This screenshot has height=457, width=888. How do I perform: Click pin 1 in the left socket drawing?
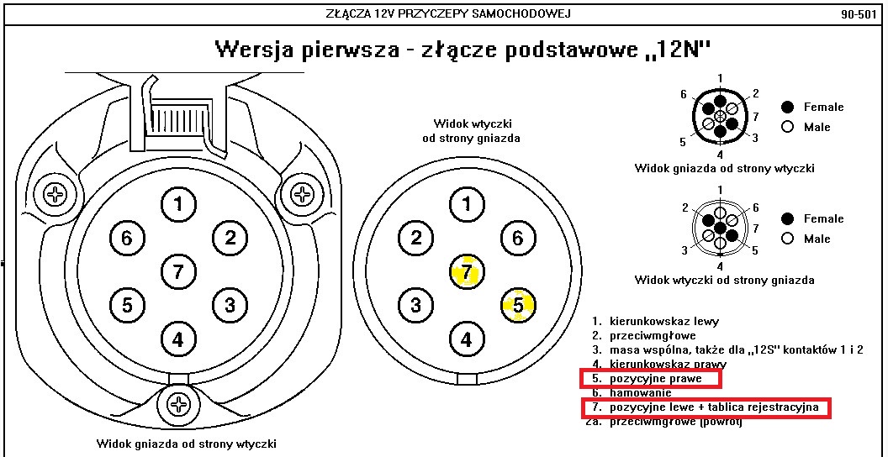pyautogui.click(x=178, y=204)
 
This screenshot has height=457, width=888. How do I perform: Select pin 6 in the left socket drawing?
pyautogui.click(x=126, y=239)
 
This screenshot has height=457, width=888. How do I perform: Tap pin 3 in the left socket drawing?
pyautogui.click(x=230, y=304)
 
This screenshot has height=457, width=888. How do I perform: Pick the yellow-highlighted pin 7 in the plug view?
pyautogui.click(x=467, y=273)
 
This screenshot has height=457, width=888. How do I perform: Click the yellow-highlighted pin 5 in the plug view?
pyautogui.click(x=518, y=306)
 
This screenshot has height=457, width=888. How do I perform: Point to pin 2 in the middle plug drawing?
pyautogui.click(x=416, y=238)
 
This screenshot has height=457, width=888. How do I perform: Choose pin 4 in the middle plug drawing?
pyautogui.click(x=467, y=340)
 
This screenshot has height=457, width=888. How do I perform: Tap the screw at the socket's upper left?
pyautogui.click(x=56, y=195)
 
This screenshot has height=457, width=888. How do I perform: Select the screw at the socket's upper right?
pyautogui.click(x=301, y=195)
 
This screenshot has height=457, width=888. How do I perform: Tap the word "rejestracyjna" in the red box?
pyautogui.click(x=784, y=407)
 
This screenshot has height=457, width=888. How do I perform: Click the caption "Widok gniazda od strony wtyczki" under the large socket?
pyautogui.click(x=186, y=444)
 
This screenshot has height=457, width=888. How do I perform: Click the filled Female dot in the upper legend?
pyautogui.click(x=788, y=107)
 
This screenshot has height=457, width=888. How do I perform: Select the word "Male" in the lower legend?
pyautogui.click(x=817, y=239)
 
